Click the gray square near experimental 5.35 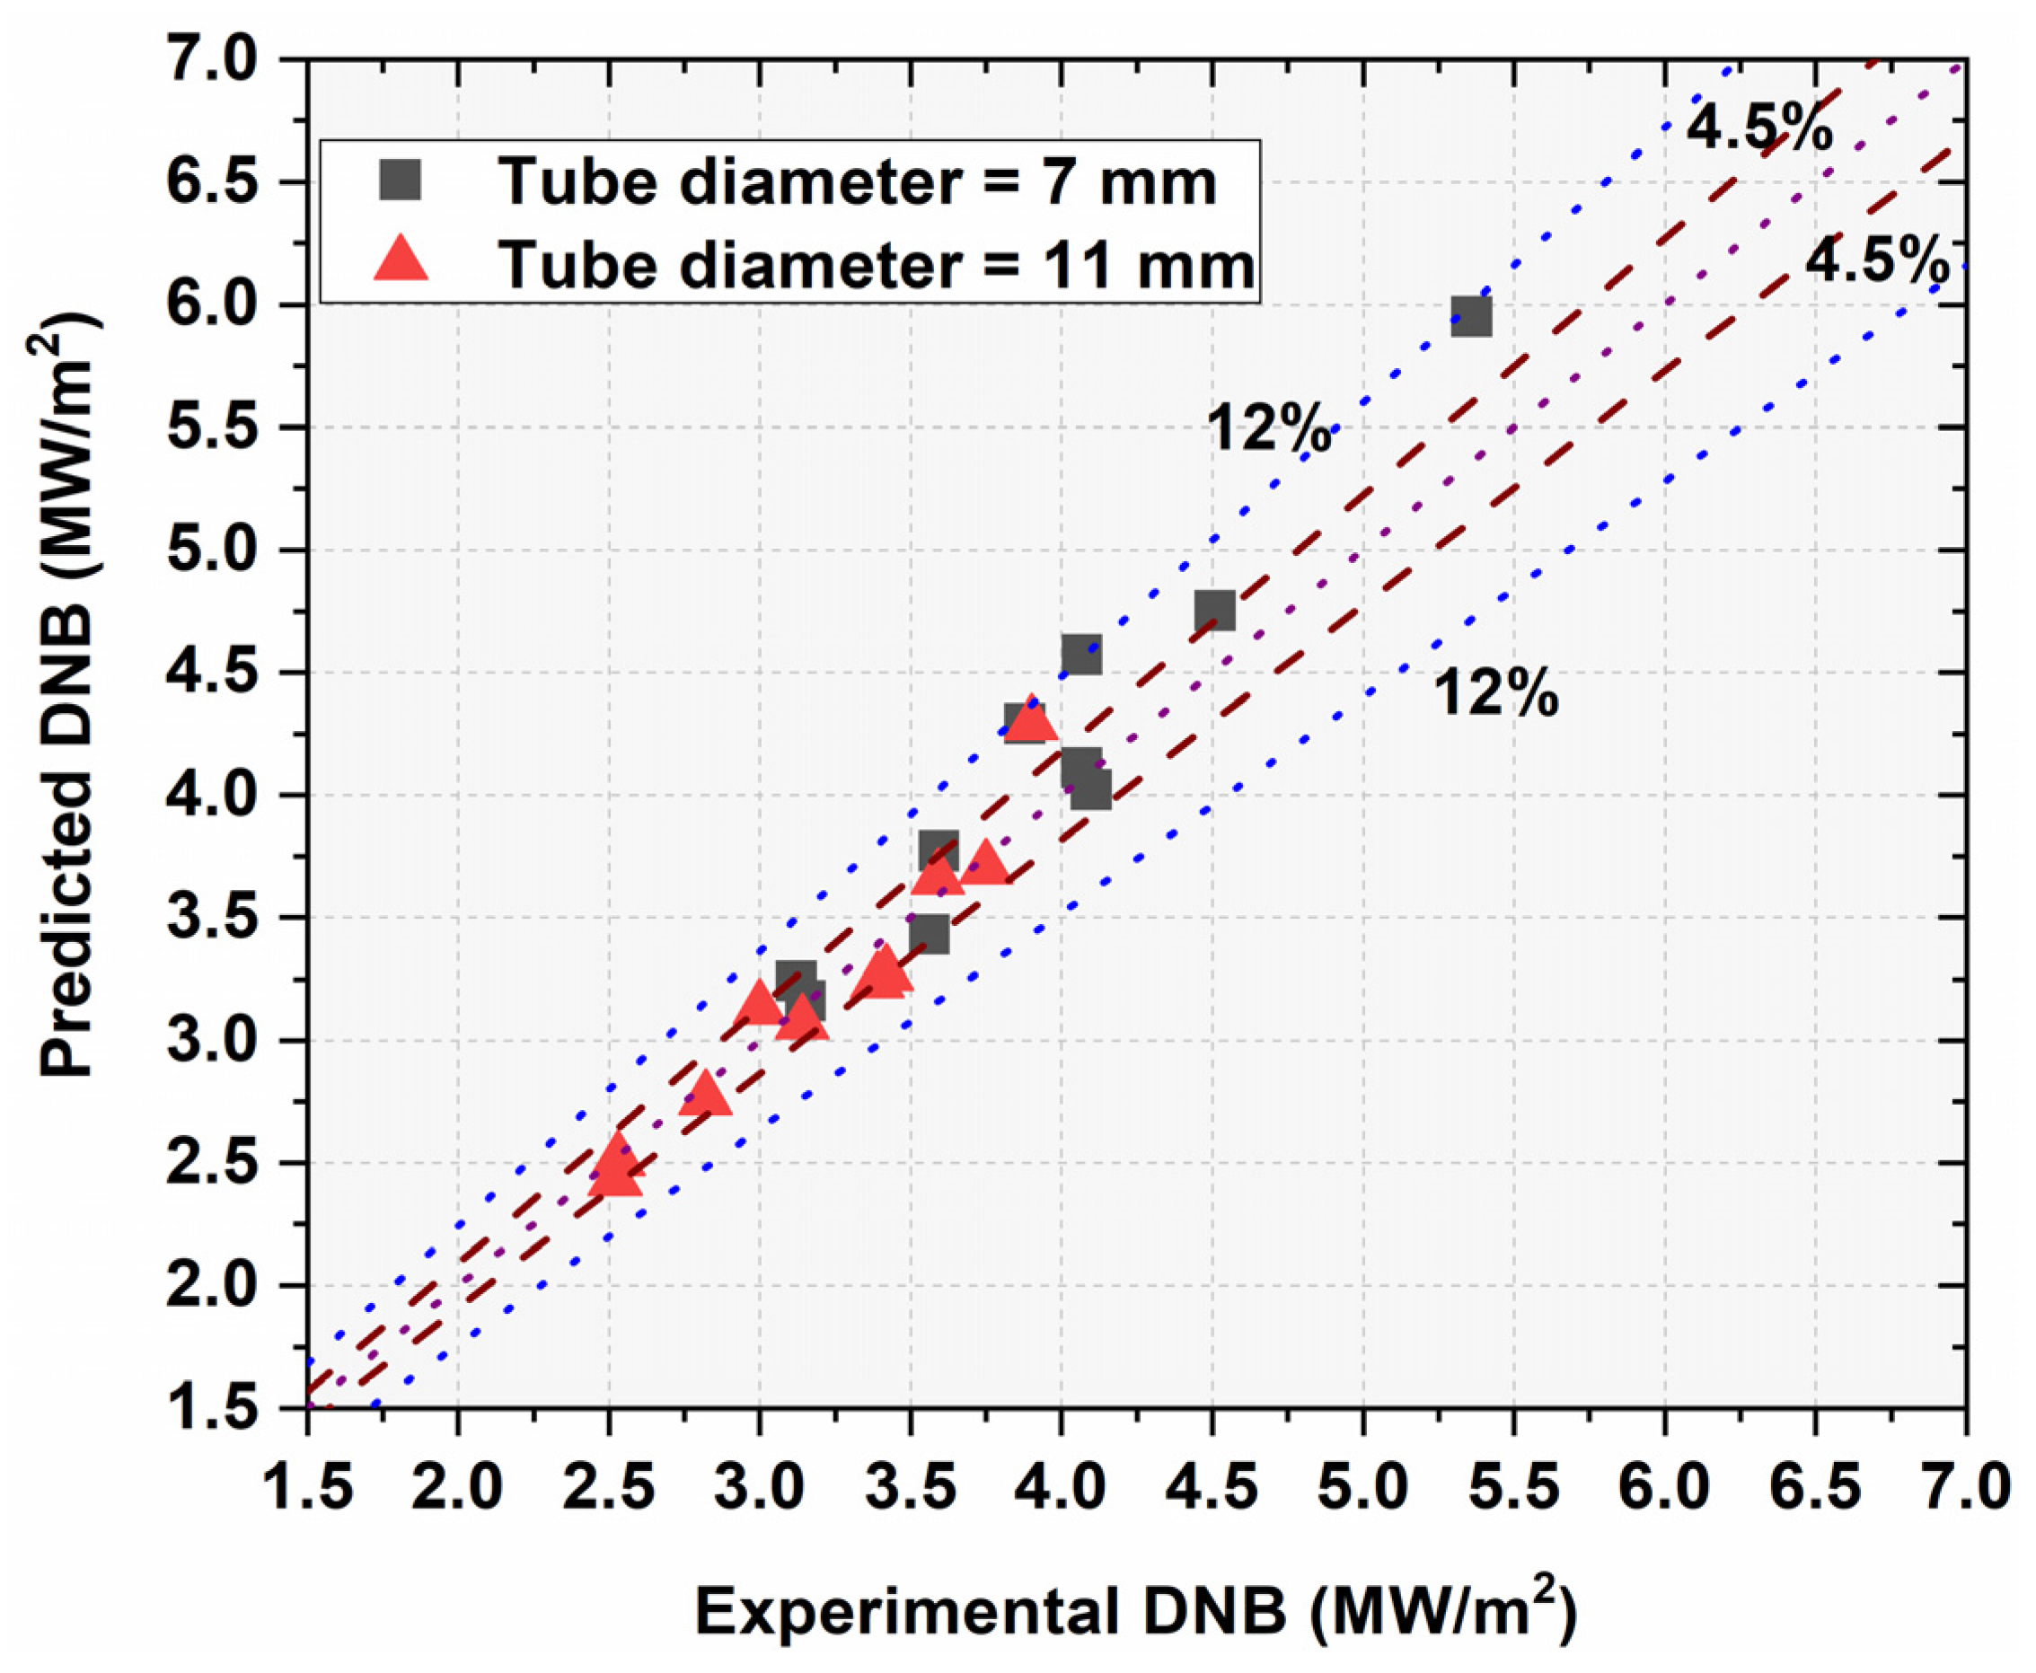[x=1470, y=315]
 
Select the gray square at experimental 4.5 [x=1214, y=610]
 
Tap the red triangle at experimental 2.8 [x=705, y=1094]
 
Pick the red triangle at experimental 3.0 [x=761, y=1004]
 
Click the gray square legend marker [x=400, y=181]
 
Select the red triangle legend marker [x=400, y=260]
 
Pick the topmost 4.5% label [x=1759, y=128]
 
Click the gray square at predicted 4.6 [x=1081, y=655]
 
